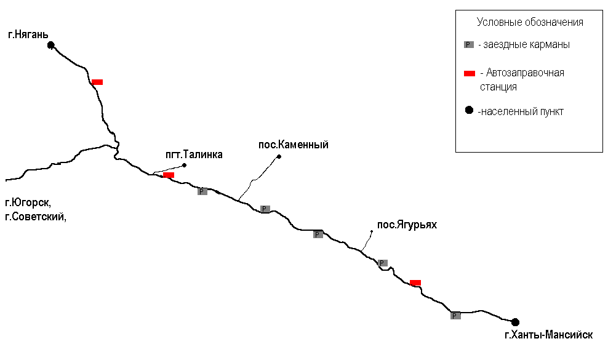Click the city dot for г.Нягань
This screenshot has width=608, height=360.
[x=51, y=44]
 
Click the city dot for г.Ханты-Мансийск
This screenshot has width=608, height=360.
[x=515, y=322]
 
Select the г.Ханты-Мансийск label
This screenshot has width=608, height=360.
[x=548, y=335]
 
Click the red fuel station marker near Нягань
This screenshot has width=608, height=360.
[x=97, y=82]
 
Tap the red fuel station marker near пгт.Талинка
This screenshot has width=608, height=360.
[x=169, y=175]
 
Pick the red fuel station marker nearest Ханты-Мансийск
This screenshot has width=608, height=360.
[x=415, y=282]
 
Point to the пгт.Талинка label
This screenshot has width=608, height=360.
[x=194, y=155]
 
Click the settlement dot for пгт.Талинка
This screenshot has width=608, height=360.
[x=184, y=165]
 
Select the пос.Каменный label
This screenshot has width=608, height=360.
[x=294, y=145]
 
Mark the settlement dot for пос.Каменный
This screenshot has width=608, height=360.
[x=279, y=156]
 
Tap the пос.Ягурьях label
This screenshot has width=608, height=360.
[x=407, y=225]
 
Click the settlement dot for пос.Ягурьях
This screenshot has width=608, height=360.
[x=371, y=231]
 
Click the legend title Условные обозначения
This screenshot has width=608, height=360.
[x=530, y=23]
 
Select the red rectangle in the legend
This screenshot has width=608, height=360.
[x=470, y=73]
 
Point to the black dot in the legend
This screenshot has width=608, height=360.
[x=469, y=111]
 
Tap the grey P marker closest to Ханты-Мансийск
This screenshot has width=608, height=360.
[x=455, y=316]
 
